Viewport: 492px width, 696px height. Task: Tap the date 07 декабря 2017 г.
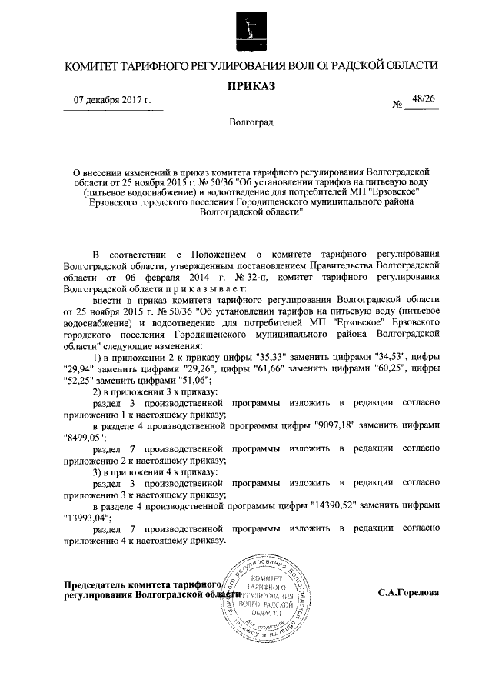coord(112,101)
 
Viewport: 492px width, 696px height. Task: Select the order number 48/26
coord(423,99)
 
